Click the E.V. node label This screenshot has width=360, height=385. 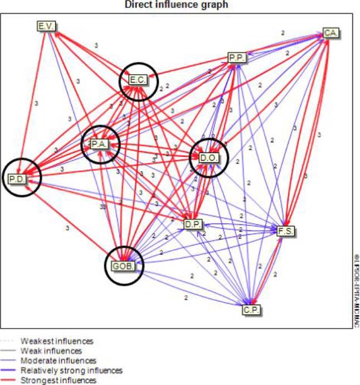pos(45,26)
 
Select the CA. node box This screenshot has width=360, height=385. pos(331,33)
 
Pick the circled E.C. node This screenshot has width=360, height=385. pos(138,80)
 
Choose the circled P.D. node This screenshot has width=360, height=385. pos(21,178)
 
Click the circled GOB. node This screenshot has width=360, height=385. pos(123,266)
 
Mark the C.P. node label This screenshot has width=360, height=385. pos(252,310)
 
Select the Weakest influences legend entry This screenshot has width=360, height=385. pos(57,340)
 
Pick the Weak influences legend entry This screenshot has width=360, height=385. pos(52,351)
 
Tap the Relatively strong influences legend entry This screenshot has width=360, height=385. pos(71,370)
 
